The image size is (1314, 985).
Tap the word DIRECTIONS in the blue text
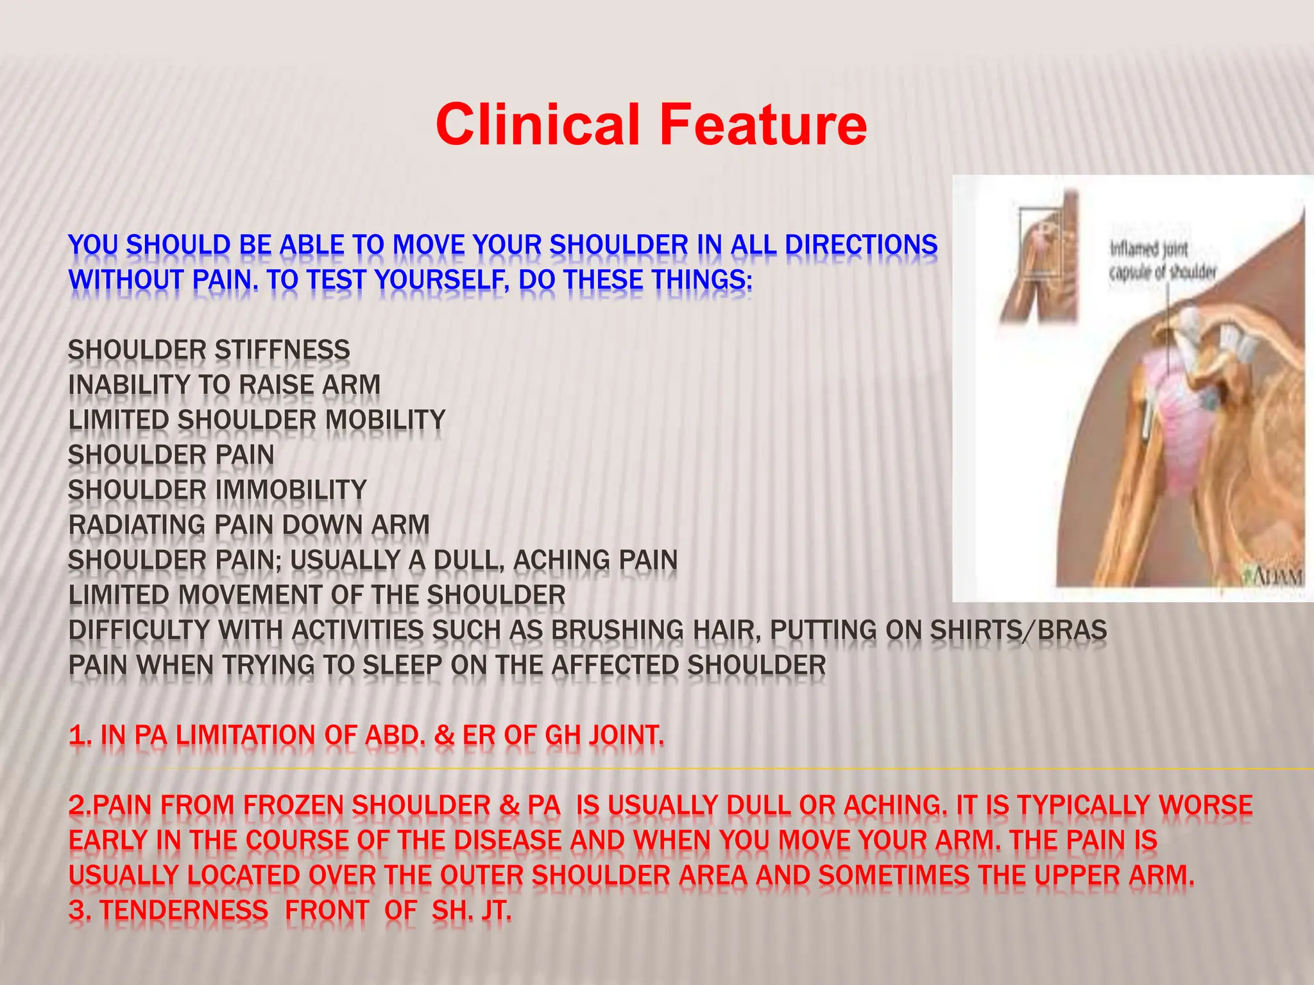coord(861,245)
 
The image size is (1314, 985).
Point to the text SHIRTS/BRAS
coord(1018,630)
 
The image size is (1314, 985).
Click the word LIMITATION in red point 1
coord(246,735)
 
